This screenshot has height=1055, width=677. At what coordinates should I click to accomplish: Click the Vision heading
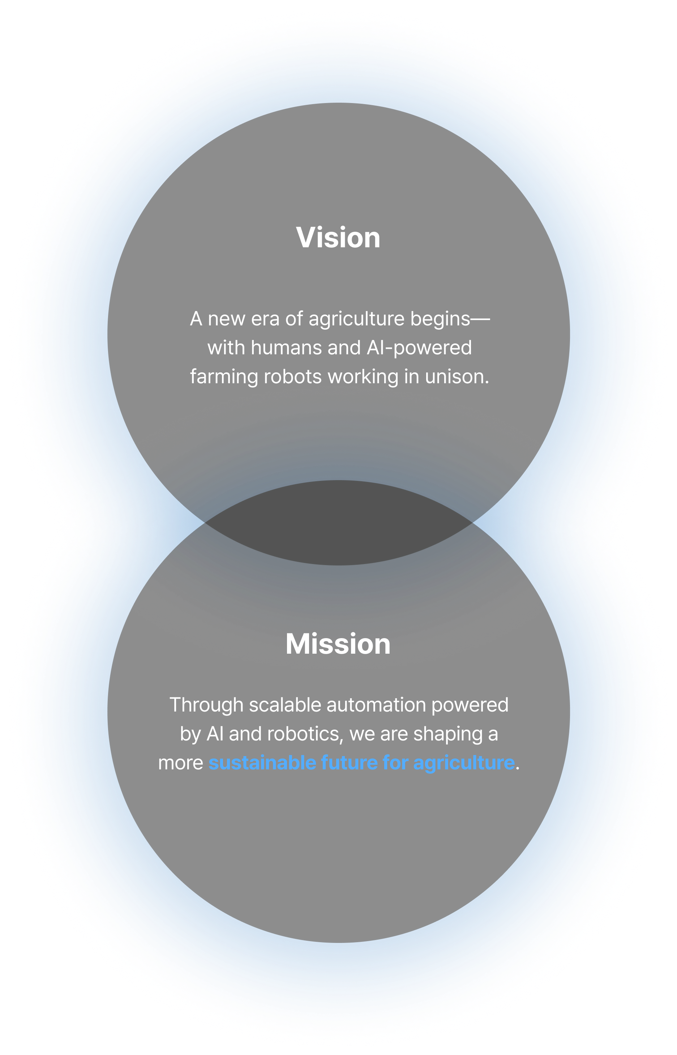pyautogui.click(x=338, y=238)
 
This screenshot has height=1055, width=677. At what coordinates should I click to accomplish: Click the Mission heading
pyautogui.click(x=338, y=644)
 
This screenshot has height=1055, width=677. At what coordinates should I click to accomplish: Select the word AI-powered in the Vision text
pyautogui.click(x=419, y=348)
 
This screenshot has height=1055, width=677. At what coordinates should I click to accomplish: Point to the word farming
pyautogui.click(x=224, y=377)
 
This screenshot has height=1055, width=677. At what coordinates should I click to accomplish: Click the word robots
pyautogui.click(x=293, y=377)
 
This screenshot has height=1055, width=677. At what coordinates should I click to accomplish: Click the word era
pyautogui.click(x=265, y=319)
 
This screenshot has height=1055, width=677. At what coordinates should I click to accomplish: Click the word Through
pyautogui.click(x=207, y=705)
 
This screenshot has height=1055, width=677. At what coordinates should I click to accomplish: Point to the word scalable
pyautogui.click(x=285, y=705)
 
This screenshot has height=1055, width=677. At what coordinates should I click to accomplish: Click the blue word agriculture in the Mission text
pyautogui.click(x=464, y=763)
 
